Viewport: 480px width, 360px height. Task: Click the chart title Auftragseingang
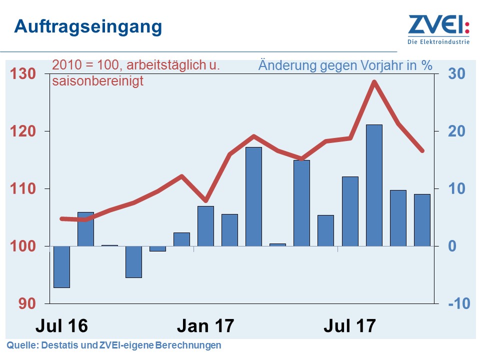[88, 26]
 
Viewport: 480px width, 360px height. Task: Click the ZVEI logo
[438, 25]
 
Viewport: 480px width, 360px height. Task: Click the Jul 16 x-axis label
[61, 326]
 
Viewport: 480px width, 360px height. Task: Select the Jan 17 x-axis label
[205, 326]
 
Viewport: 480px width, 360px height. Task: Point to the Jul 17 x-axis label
[349, 326]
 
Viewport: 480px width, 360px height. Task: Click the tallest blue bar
[374, 185]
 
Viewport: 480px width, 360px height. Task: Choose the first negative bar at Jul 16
[61, 267]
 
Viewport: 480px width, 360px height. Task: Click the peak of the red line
[373, 81]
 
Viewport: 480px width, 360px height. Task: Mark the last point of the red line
[422, 150]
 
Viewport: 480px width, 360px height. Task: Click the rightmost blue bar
[422, 220]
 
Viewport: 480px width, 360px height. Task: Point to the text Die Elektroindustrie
[438, 42]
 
